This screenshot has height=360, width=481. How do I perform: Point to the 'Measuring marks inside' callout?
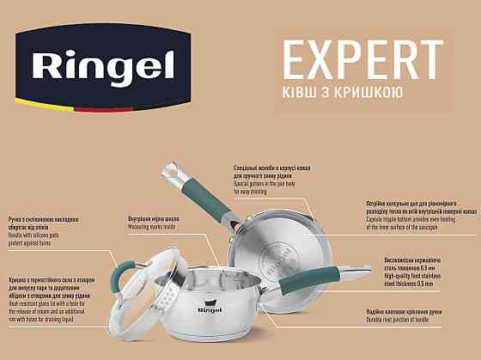(x=153, y=225)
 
